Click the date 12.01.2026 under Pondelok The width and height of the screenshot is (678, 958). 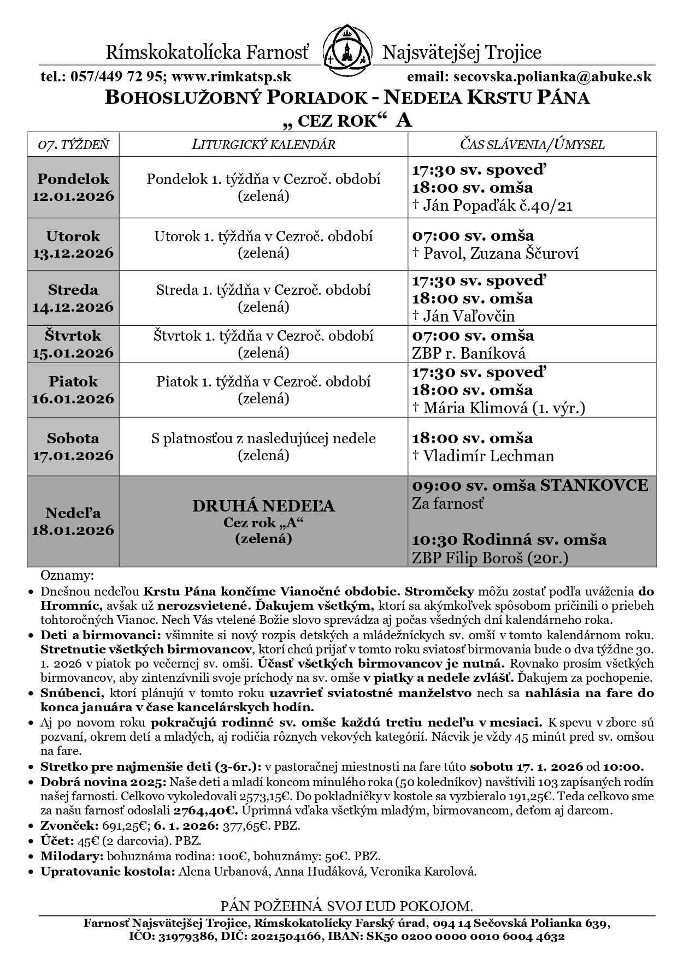(x=73, y=196)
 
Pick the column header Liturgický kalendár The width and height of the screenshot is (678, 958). (x=263, y=145)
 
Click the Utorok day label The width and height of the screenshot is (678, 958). (x=73, y=236)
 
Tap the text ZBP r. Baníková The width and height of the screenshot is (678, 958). (x=469, y=353)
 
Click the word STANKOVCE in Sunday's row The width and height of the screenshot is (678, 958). (x=594, y=485)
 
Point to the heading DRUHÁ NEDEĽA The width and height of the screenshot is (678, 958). (x=263, y=507)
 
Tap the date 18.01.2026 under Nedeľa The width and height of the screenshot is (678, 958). (x=73, y=530)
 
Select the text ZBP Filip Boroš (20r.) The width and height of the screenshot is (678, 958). (x=490, y=558)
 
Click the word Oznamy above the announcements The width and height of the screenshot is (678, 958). (x=67, y=576)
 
